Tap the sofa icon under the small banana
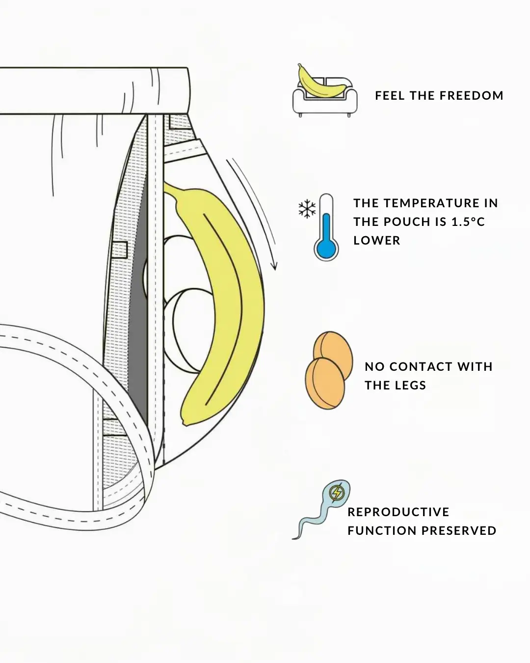tap(325, 103)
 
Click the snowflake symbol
tap(307, 209)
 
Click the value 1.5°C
tap(468, 221)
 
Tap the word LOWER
tap(377, 240)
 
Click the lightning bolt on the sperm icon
tap(337, 492)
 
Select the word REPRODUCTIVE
tap(398, 512)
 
